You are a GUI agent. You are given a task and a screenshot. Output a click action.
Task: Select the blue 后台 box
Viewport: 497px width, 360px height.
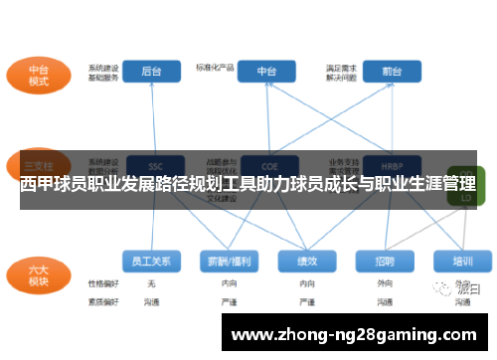152,72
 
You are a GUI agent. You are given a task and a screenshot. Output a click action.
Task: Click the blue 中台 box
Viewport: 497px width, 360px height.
266,72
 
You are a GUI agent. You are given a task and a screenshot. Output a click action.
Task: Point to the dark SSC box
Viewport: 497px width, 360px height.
153,165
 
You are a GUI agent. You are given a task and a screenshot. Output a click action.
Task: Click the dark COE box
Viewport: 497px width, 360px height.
266,165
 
